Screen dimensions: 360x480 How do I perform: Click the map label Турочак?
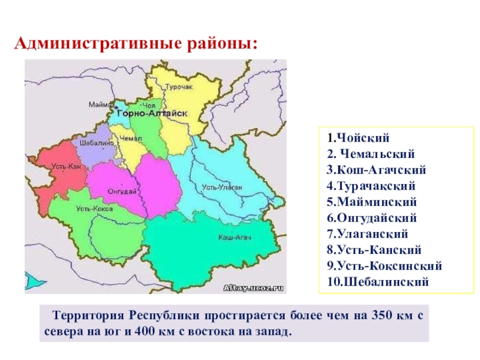coord(179,87)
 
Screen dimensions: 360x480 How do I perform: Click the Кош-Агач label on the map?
coord(230,238)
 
